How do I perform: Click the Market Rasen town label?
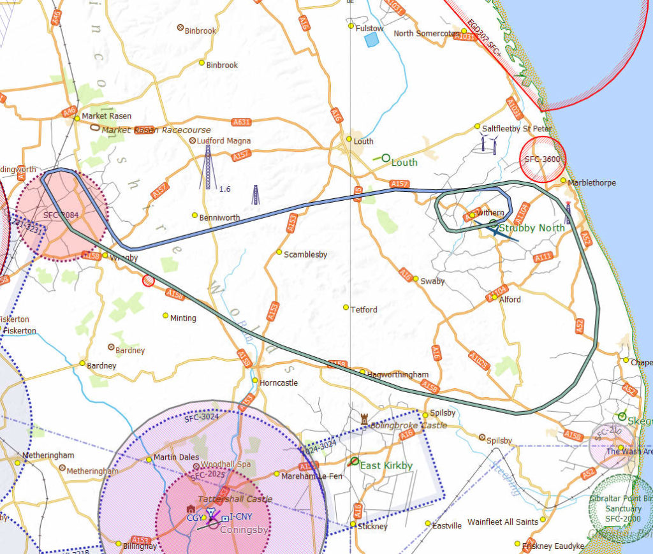pyautogui.click(x=106, y=116)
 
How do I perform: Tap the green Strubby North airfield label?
pyautogui.click(x=532, y=228)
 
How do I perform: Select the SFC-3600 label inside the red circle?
pyautogui.click(x=543, y=159)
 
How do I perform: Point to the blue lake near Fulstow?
pyautogui.click(x=371, y=40)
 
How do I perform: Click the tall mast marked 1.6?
pyautogui.click(x=207, y=166)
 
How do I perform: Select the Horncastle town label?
pyautogui.click(x=279, y=383)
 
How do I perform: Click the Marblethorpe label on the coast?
pyautogui.click(x=592, y=182)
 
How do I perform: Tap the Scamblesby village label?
pyautogui.click(x=305, y=254)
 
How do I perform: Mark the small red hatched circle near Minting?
pyautogui.click(x=149, y=280)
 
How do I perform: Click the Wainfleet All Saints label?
pyautogui.click(x=503, y=521)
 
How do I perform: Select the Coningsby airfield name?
pyautogui.click(x=244, y=530)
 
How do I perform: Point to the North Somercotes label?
pyautogui.click(x=426, y=33)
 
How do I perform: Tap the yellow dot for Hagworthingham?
pyautogui.click(x=362, y=372)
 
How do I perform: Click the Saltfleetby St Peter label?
pyautogui.click(x=517, y=128)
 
